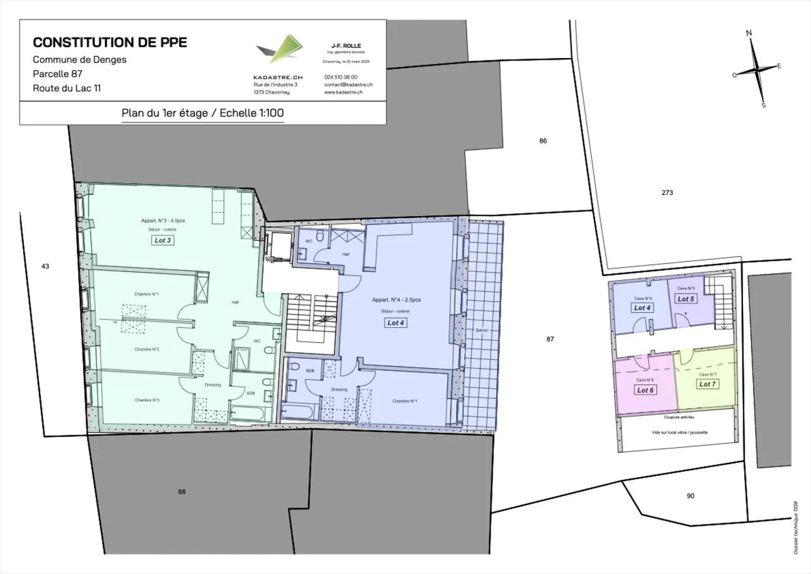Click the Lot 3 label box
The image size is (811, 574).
(163, 240)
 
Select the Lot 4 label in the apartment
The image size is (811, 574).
(395, 323)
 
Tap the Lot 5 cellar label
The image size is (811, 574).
(685, 299)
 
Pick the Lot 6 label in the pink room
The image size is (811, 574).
(645, 390)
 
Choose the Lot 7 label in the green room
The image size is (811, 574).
(707, 384)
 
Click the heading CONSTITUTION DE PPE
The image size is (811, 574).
(110, 42)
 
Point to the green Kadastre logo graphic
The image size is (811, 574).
(280, 48)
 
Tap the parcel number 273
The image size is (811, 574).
(667, 193)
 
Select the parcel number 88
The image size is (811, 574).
(181, 492)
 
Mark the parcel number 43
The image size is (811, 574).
(46, 266)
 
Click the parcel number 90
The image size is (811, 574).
(690, 496)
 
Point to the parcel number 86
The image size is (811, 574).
(543, 141)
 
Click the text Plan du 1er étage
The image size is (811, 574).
(164, 113)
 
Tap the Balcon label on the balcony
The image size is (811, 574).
(482, 330)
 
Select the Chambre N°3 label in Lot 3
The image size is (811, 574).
(146, 400)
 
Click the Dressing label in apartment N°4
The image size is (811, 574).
(339, 390)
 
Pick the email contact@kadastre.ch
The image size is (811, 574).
(348, 85)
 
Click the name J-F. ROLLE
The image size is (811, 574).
(346, 46)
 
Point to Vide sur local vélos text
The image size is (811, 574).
(679, 432)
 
